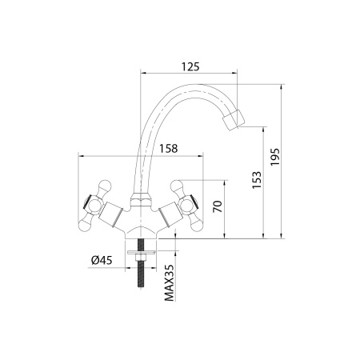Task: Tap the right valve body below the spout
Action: (x=168, y=215)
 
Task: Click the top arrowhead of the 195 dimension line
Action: (x=285, y=83)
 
